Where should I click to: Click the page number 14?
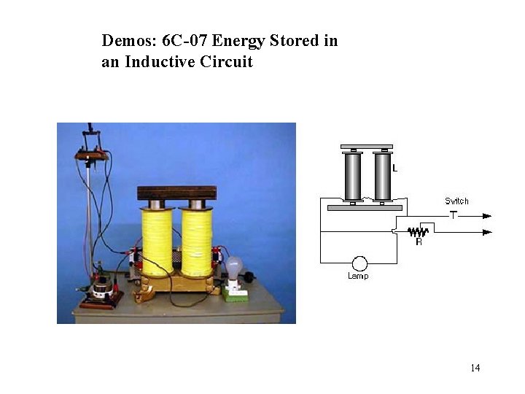[x=475, y=368]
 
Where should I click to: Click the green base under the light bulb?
[x=235, y=293]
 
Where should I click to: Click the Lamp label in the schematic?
[x=358, y=276]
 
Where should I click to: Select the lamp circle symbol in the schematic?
[x=358, y=263]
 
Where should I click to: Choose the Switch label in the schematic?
[x=456, y=201]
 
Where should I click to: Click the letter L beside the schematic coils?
[x=394, y=169]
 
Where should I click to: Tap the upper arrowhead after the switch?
[x=487, y=215]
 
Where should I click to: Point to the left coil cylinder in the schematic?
[x=353, y=176]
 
